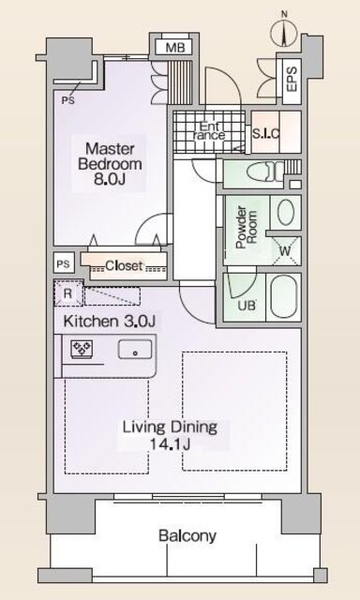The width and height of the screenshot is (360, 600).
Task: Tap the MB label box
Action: coord(175,48)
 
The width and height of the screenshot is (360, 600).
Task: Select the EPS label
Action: coord(292,79)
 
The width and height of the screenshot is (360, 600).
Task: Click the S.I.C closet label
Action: coord(266,133)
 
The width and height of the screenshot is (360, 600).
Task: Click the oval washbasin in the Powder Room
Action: coord(286,213)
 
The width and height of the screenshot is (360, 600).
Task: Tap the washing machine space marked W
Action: coord(285,251)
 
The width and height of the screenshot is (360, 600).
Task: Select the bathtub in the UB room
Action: coord(284,296)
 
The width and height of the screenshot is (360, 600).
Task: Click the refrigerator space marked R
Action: coord(68,293)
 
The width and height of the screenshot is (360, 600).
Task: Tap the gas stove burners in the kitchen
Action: coord(82,349)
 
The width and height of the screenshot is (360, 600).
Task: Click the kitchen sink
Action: coord(135,349)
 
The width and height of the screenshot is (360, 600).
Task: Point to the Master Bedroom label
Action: coord(110,164)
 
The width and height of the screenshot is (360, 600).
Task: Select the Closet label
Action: coord(124,265)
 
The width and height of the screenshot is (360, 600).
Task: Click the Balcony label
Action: coord(187,536)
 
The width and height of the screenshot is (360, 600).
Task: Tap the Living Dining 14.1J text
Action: coord(171,435)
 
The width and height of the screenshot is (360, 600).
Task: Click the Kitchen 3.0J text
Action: coord(109,321)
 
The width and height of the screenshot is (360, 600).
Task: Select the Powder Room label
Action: coord(247,228)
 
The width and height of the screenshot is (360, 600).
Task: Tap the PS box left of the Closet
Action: coord(64,264)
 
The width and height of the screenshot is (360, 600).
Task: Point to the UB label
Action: coord(247,307)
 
